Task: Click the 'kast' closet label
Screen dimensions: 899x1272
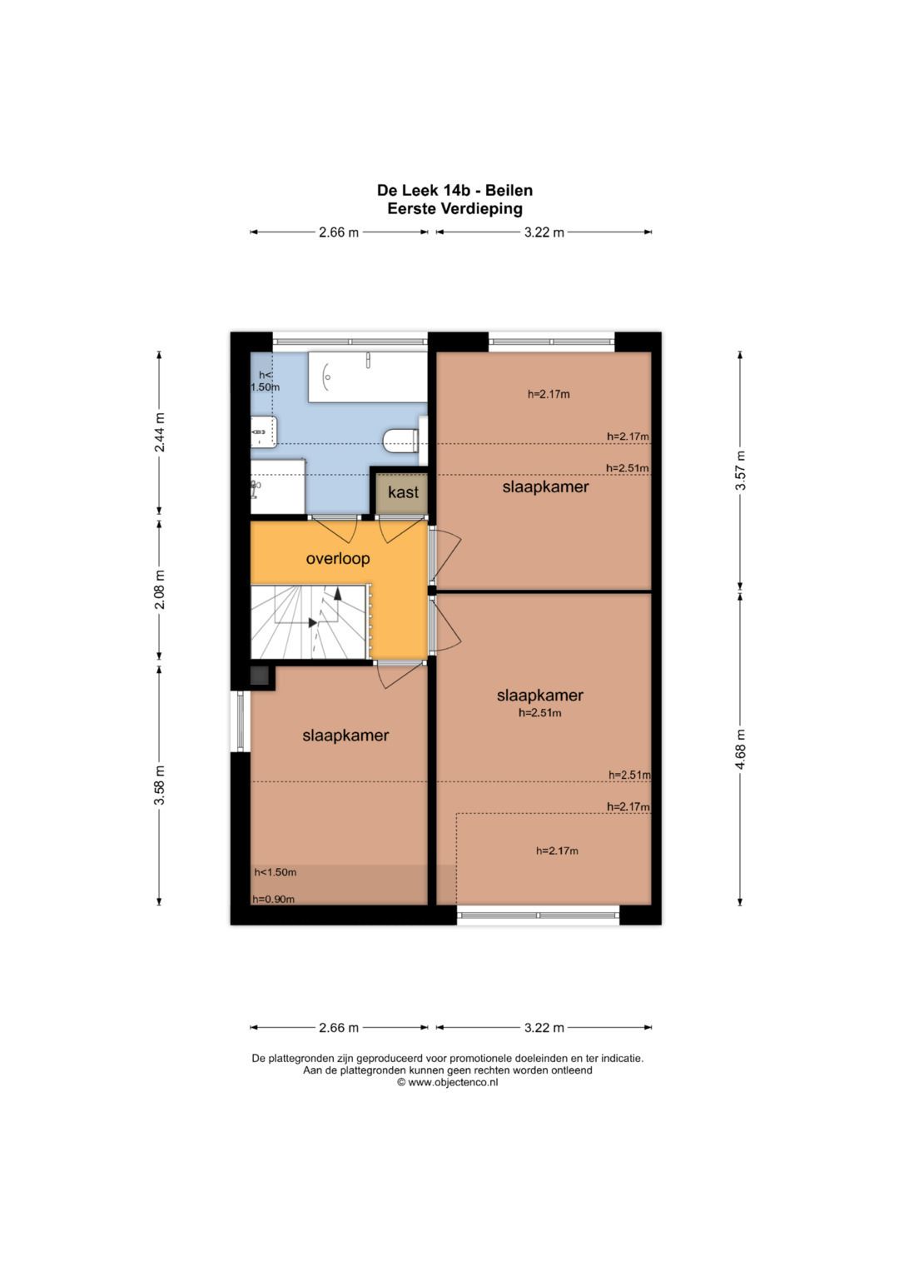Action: click(x=403, y=491)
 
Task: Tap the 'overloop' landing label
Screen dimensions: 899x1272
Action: click(x=338, y=559)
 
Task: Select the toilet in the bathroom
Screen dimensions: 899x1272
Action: click(x=400, y=441)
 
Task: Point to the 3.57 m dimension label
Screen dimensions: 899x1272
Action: click(x=740, y=471)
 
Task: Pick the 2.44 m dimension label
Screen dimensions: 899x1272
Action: click(x=161, y=432)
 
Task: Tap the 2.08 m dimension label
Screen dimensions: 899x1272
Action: click(x=161, y=590)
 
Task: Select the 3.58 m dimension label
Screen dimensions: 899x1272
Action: click(x=161, y=785)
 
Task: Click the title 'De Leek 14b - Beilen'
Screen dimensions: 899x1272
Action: click(x=454, y=190)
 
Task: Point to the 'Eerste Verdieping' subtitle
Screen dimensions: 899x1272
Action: click(x=454, y=208)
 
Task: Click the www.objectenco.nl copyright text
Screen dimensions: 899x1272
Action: click(x=448, y=1082)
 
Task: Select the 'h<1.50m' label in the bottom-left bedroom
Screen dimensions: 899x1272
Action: click(x=275, y=872)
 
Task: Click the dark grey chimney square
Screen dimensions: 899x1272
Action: click(x=260, y=676)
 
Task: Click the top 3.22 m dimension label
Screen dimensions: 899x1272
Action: click(x=544, y=232)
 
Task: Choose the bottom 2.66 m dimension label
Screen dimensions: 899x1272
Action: click(x=338, y=1027)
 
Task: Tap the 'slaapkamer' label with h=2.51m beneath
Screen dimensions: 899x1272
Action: click(x=539, y=695)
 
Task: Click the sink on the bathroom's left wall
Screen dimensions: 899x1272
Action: click(x=264, y=431)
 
